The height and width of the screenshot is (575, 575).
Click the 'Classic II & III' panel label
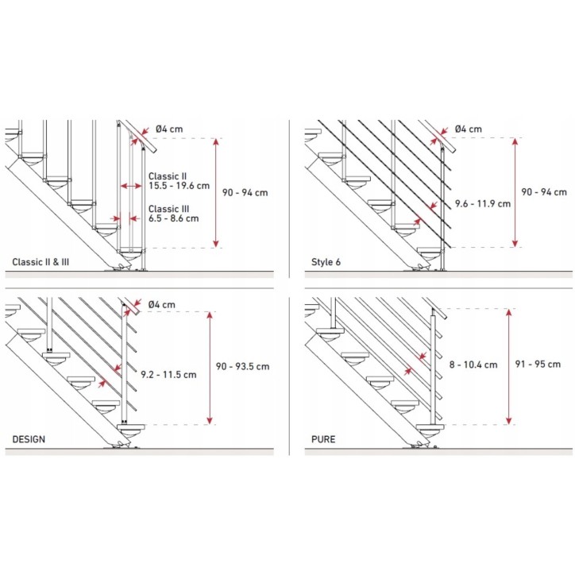tap(41, 262)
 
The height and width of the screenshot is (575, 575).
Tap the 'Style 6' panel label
tap(326, 262)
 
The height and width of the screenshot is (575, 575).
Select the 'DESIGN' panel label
tap(29, 439)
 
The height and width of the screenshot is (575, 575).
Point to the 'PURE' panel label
tap(323, 439)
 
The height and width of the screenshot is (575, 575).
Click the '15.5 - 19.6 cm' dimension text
tap(179, 186)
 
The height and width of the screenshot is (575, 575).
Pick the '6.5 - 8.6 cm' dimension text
tap(173, 218)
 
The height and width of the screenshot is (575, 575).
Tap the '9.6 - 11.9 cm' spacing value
tap(483, 203)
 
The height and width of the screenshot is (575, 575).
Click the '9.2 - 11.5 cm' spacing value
tap(168, 374)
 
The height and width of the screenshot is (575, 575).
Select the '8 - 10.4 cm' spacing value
tap(473, 365)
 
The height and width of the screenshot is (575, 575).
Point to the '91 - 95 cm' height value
tap(538, 364)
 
